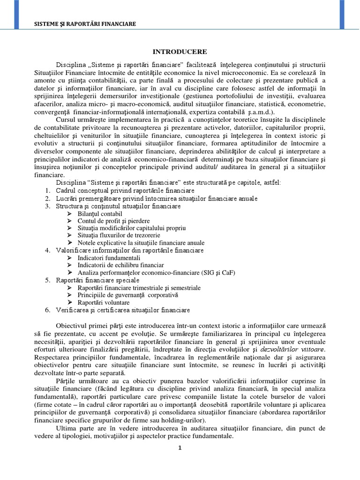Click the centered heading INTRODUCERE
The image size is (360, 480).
point(180,51)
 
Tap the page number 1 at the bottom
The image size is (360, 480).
point(180,448)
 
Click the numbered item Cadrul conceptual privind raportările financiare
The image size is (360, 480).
point(125,191)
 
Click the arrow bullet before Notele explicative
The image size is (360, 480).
point(69,243)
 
